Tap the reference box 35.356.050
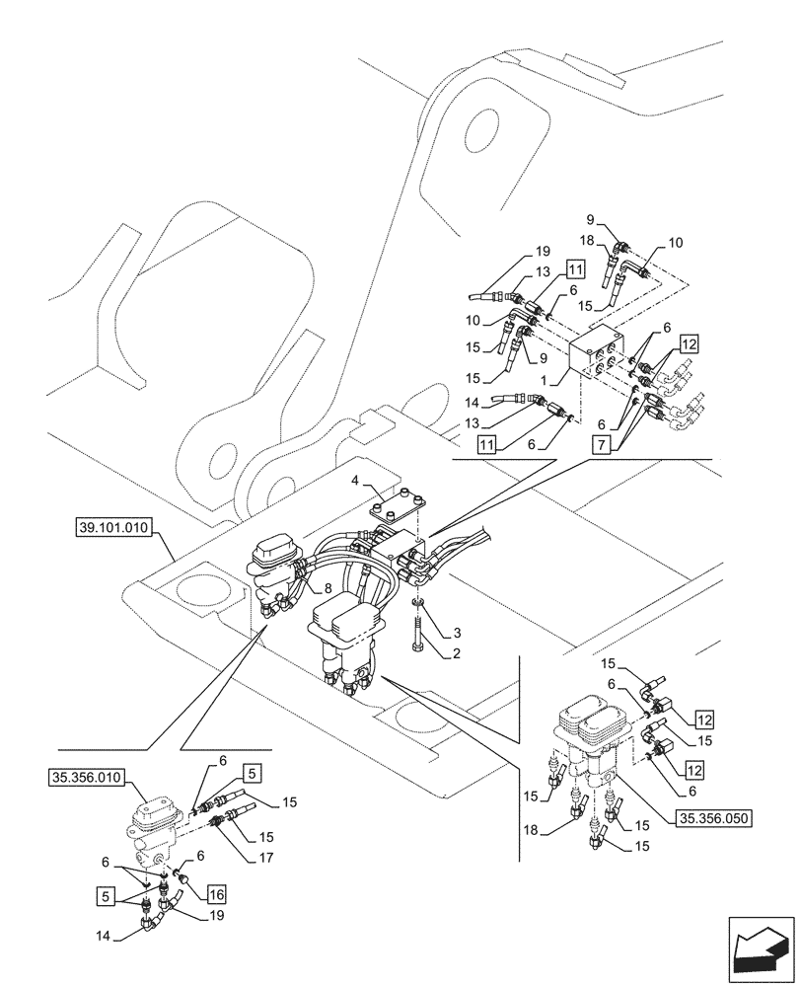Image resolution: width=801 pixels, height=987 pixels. click(x=712, y=817)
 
